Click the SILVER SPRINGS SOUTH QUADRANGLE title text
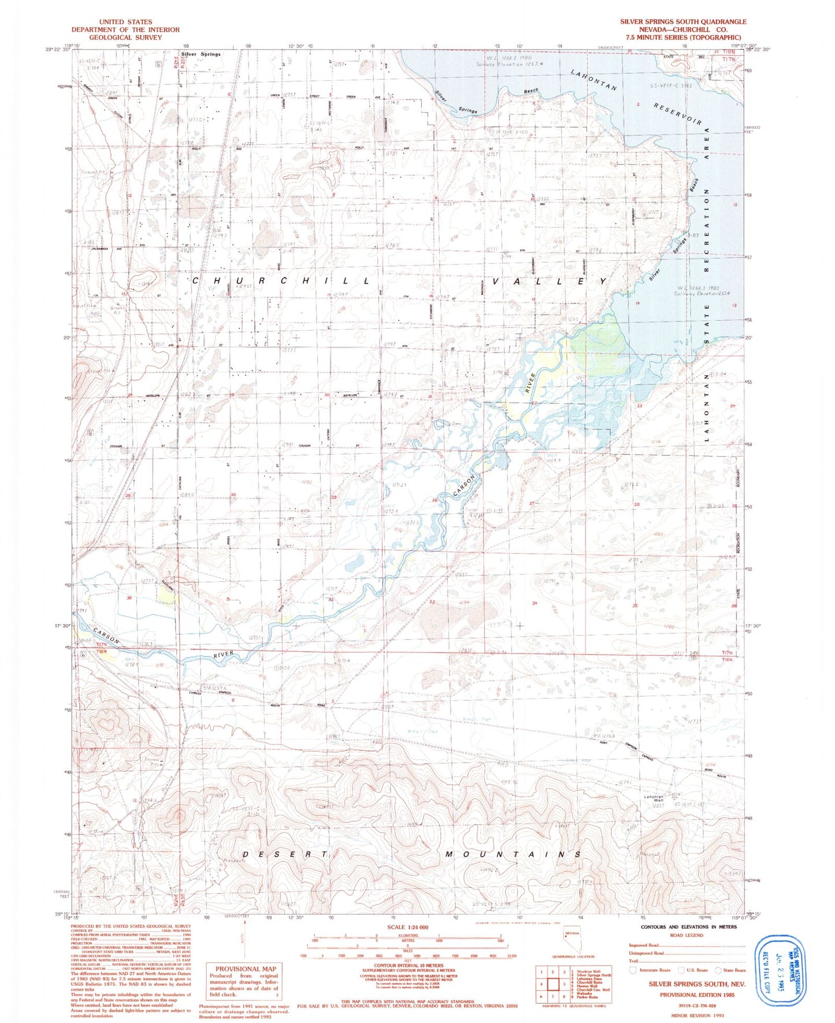683,21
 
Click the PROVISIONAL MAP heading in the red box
246,969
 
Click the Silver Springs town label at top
201,54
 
